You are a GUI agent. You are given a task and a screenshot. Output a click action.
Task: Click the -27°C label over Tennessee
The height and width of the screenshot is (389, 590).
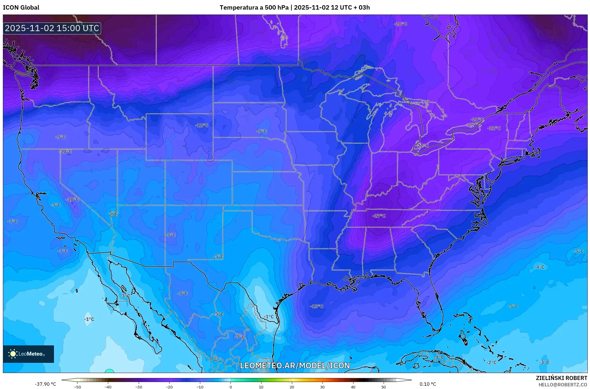click(379, 216)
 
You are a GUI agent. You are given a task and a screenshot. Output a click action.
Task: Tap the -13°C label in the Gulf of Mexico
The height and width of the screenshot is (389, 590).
click(316, 306)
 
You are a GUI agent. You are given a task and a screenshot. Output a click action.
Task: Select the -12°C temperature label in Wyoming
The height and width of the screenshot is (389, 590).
click(202, 125)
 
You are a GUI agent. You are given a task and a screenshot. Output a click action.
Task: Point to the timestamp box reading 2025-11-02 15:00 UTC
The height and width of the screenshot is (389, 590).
click(52, 28)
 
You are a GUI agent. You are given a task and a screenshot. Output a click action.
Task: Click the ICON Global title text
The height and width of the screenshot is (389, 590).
click(21, 8)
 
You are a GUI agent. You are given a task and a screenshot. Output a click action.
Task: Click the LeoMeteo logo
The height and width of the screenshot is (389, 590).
click(28, 354)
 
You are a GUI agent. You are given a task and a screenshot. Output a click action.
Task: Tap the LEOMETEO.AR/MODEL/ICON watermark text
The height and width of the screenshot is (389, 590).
click(295, 365)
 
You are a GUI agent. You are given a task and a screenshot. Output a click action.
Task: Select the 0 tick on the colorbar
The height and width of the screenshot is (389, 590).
click(231, 387)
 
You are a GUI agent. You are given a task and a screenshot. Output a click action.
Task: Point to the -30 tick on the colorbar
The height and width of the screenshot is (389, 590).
click(139, 387)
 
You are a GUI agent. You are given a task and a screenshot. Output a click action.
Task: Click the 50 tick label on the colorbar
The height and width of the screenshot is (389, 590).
click(384, 387)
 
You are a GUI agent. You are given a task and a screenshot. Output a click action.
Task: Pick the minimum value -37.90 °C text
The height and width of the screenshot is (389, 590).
click(46, 384)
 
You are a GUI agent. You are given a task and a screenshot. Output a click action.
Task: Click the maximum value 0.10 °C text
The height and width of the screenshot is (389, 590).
click(428, 384)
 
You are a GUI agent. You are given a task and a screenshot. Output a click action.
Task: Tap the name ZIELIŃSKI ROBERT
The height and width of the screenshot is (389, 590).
click(561, 378)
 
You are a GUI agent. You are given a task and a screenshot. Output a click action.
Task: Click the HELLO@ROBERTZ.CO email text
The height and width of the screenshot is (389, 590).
click(563, 385)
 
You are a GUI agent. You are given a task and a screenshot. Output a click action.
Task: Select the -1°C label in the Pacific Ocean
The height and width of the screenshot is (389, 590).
click(89, 319)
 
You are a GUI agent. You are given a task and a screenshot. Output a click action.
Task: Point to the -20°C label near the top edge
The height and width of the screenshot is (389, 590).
click(400, 24)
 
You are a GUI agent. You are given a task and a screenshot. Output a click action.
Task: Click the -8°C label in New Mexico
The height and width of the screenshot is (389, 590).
click(171, 235)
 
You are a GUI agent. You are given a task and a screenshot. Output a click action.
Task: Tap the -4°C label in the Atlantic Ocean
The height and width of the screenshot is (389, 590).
click(539, 267)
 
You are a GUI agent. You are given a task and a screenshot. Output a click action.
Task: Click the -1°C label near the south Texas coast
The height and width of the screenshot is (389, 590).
click(269, 317)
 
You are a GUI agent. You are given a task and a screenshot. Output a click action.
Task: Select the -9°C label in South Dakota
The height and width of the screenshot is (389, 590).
click(261, 131)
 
